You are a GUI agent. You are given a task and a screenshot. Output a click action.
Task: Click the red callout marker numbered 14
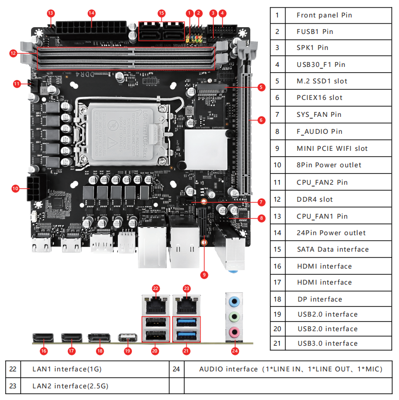[x=92, y=13]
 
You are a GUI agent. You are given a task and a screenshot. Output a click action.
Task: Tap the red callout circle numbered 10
[x=15, y=188]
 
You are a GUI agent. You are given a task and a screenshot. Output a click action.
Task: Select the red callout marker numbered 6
[x=261, y=120]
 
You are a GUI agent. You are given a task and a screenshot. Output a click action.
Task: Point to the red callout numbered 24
[x=235, y=350]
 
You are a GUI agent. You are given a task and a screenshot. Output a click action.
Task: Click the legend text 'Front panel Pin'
[x=324, y=15]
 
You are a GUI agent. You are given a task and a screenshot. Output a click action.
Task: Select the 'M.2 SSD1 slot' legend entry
[x=322, y=81]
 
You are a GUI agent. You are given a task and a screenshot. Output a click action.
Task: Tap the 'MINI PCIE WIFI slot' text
[x=332, y=148]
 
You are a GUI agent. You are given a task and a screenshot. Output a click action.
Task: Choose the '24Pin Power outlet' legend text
[x=332, y=233]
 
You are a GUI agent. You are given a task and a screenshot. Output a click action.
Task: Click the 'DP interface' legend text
[x=319, y=299]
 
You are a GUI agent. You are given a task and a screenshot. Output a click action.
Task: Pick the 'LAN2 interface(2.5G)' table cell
[x=70, y=386]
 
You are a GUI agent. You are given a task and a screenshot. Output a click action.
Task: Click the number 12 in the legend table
[x=277, y=199]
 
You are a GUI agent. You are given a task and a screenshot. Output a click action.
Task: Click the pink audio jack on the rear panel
[x=235, y=332]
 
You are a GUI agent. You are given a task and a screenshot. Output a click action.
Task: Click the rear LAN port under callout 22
[x=156, y=304]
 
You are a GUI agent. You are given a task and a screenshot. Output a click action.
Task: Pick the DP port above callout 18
[x=99, y=338]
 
